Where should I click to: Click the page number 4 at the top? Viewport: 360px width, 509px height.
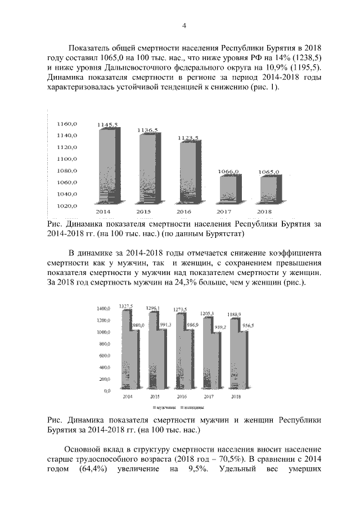(183, 25)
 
